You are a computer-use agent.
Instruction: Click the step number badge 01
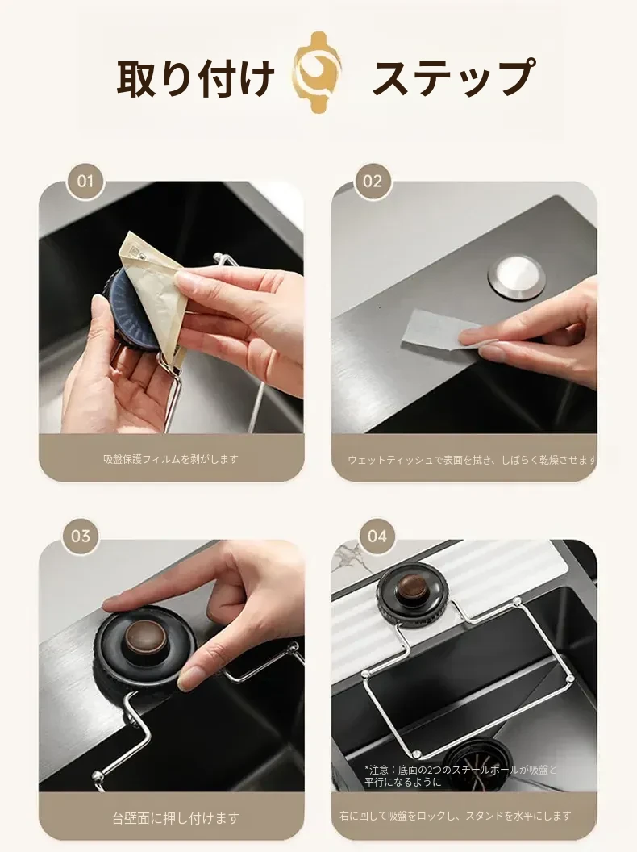click(85, 181)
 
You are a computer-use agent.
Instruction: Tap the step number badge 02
click(373, 181)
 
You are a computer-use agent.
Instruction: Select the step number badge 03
click(81, 537)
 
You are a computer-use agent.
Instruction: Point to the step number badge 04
click(377, 537)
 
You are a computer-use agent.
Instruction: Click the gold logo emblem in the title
click(318, 72)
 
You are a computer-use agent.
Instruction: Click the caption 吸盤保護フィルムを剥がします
click(171, 459)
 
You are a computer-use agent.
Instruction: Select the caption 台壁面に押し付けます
click(176, 818)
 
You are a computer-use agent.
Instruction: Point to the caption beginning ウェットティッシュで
click(472, 460)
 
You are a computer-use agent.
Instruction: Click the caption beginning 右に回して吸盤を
click(455, 816)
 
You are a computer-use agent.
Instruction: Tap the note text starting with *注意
click(460, 776)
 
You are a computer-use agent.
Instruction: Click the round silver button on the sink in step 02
click(516, 278)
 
